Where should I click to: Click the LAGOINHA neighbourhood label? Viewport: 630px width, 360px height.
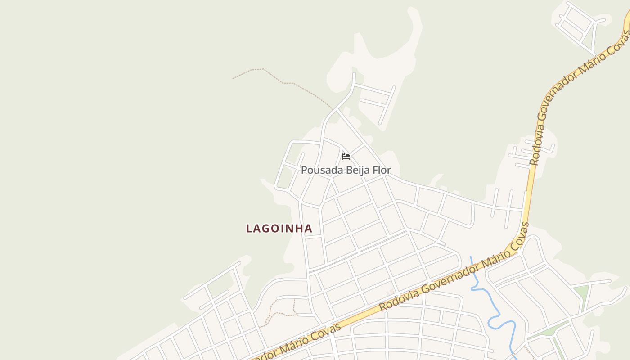[279, 229]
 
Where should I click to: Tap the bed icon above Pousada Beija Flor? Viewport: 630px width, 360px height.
[346, 157]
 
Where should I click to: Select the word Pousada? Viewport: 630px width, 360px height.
[321, 170]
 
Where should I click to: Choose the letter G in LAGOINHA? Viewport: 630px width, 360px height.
[269, 229]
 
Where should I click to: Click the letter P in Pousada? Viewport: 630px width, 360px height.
[304, 170]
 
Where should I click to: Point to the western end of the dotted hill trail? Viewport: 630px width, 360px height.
[233, 79]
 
